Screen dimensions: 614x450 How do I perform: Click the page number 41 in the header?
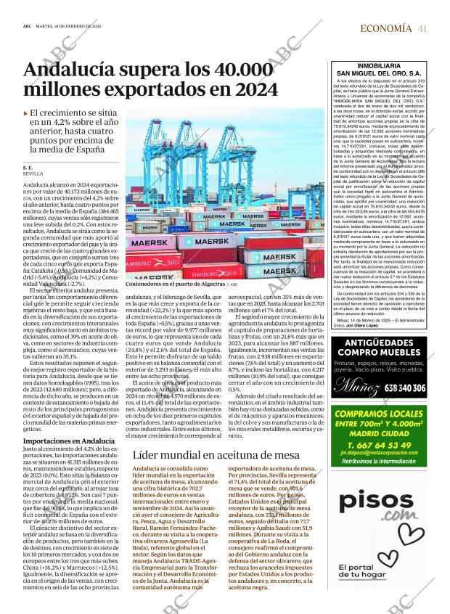pos(422,28)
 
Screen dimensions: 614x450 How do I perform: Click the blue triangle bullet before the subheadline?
pos(26,114)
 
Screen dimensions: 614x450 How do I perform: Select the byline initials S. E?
pos(28,168)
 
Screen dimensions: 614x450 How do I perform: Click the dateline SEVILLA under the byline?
pos(33,175)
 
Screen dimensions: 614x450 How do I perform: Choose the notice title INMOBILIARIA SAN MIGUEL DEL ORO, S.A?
pos(375,70)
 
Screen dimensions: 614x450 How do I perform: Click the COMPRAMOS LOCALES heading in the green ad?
pos(375,414)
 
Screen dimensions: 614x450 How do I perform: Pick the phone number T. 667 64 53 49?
pos(374,446)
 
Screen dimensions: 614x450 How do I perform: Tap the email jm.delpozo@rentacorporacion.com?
pos(374,455)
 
